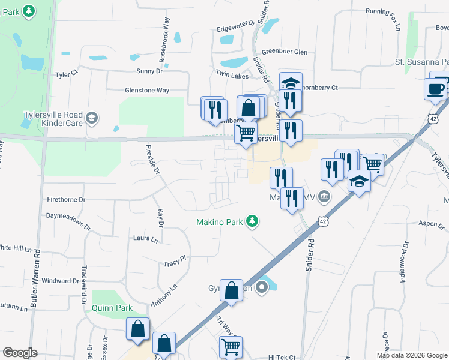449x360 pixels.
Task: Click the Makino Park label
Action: coord(220,222)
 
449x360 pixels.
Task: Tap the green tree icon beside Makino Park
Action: coord(253,222)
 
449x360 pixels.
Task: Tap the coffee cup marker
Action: coord(435,89)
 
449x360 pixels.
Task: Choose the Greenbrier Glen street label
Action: coord(284,52)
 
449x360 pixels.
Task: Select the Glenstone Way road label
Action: coord(146,90)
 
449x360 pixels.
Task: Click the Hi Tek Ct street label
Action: coord(282,356)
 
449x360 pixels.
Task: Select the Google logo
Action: coord(20,353)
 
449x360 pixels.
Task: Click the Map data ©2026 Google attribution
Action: coord(411,355)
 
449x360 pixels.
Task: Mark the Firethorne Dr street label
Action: coord(66,199)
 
